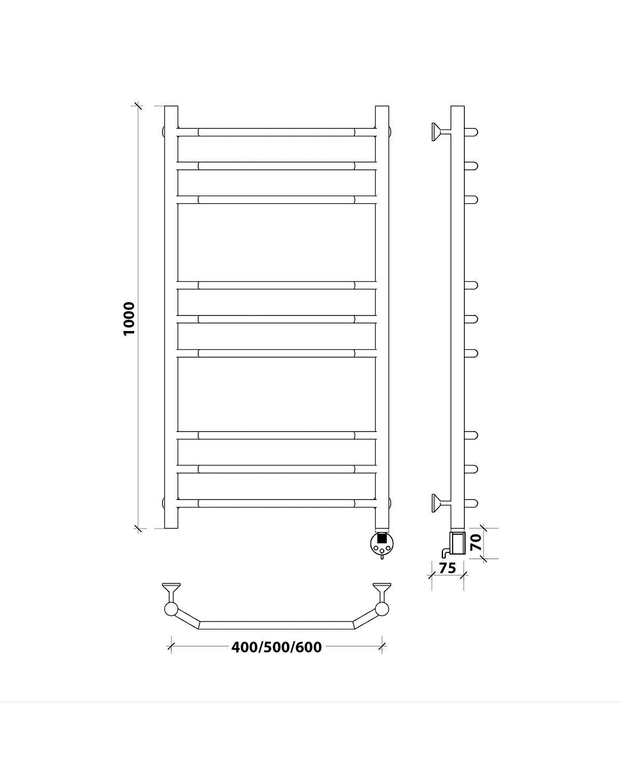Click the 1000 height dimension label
129,319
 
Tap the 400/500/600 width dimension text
276,648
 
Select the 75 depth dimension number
447,568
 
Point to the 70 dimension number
476,542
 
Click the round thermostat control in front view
382,543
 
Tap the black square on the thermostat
382,538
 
